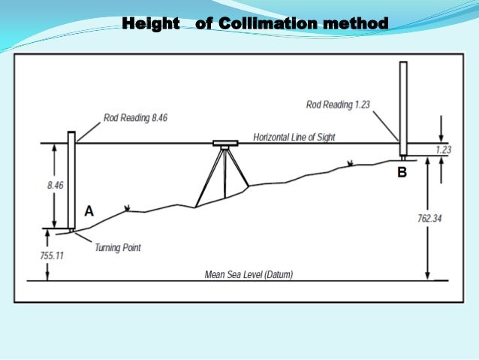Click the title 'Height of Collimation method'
pyautogui.click(x=255, y=25)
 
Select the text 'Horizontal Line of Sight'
pyautogui.click(x=294, y=138)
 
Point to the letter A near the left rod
pyautogui.click(x=89, y=212)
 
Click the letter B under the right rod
pyautogui.click(x=402, y=173)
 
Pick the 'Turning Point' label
pyautogui.click(x=117, y=247)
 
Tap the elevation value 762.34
pyautogui.click(x=429, y=219)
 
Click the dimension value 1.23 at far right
pyautogui.click(x=443, y=150)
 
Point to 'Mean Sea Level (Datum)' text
pyautogui.click(x=249, y=275)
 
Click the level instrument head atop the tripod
pyautogui.click(x=224, y=144)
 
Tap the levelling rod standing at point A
pyautogui.click(x=71, y=180)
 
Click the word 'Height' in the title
pyautogui.click(x=151, y=25)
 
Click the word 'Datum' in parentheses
pyautogui.click(x=276, y=275)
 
